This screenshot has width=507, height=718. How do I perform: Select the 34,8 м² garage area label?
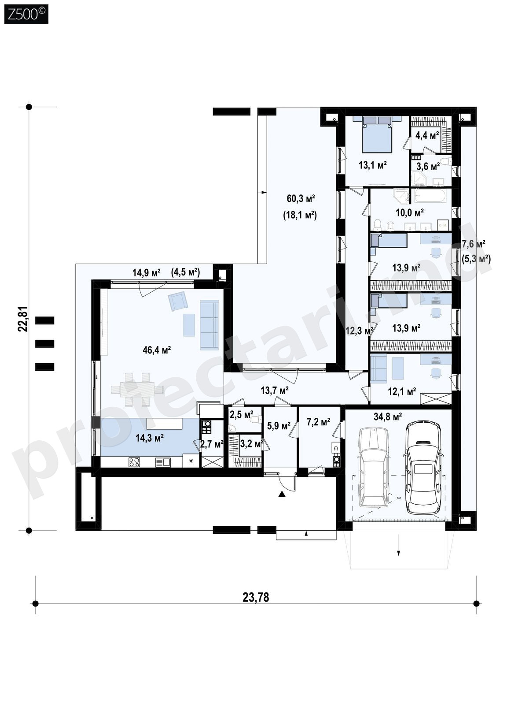pyautogui.click(x=388, y=417)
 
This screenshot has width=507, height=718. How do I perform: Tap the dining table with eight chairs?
pyautogui.click(x=137, y=389)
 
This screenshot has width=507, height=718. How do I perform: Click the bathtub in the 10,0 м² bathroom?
pyautogui.click(x=430, y=196)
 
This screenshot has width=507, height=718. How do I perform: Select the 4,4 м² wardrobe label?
pyautogui.click(x=427, y=136)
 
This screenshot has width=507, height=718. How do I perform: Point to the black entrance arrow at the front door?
pyautogui.click(x=282, y=495)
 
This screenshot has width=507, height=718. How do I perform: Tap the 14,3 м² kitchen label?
pyautogui.click(x=150, y=438)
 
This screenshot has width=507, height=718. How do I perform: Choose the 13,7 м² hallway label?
pyautogui.click(x=274, y=391)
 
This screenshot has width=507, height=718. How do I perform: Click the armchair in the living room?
pyautogui.click(x=177, y=301)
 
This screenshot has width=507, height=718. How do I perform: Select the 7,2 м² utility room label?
pyautogui.click(x=318, y=422)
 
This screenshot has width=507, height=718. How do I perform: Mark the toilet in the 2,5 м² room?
pyautogui.click(x=256, y=420)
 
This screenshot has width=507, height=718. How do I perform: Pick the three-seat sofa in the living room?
pyautogui.click(x=209, y=325)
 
